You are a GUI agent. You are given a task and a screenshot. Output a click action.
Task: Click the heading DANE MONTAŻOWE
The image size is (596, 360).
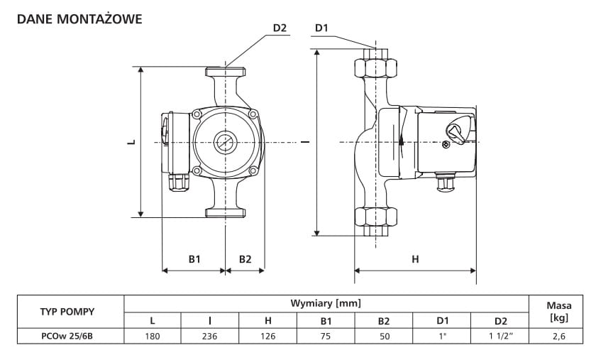(79, 19)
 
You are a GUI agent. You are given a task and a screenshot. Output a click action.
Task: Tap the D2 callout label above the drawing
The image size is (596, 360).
(280, 28)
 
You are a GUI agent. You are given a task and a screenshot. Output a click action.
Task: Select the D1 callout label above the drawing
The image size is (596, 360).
(321, 28)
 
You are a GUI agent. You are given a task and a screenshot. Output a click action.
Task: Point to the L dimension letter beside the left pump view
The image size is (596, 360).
(131, 142)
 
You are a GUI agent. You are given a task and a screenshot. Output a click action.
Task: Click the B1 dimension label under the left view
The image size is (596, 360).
(194, 259)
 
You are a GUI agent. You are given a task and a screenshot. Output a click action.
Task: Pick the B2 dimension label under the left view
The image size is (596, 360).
(245, 259)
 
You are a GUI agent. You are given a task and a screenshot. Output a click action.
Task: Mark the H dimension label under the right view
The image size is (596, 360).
(415, 260)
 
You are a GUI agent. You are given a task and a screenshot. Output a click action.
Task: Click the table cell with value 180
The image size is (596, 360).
(153, 336)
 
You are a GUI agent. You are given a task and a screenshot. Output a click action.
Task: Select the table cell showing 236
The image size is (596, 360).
(210, 336)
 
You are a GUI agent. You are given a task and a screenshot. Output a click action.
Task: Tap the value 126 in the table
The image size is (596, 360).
(268, 336)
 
